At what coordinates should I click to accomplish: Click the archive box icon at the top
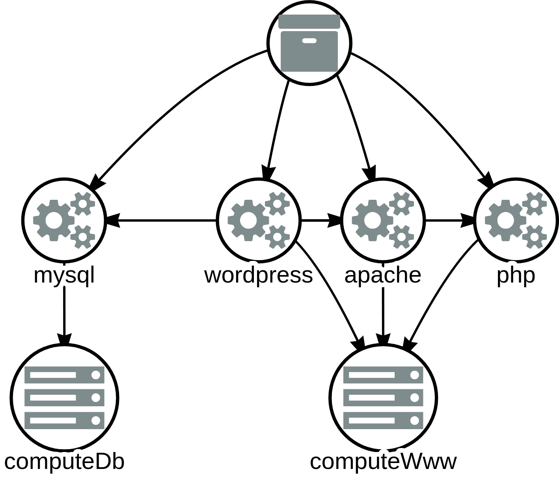click(309, 43)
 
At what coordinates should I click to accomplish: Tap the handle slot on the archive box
click(309, 41)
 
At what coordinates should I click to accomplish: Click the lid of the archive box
click(309, 21)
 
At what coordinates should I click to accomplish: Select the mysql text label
click(64, 275)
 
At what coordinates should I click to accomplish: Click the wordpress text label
click(259, 275)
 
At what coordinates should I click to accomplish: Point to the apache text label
click(382, 275)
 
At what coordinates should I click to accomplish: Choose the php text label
click(516, 275)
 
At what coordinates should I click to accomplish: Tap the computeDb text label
click(64, 461)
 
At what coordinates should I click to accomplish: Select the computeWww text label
click(383, 461)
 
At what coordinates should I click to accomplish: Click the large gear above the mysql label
click(53, 220)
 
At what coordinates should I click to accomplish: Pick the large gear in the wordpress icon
click(248, 220)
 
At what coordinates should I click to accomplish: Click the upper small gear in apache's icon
click(401, 204)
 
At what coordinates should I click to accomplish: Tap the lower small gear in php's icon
click(534, 237)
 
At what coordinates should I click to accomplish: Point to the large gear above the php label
click(505, 220)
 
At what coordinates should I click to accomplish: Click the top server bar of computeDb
click(64, 375)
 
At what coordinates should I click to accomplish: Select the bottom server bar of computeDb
click(64, 420)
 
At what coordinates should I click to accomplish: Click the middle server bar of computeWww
click(383, 398)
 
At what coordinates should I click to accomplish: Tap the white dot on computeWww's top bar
click(414, 375)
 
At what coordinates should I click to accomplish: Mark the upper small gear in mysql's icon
click(83, 204)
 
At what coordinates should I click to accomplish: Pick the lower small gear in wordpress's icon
click(277, 237)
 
